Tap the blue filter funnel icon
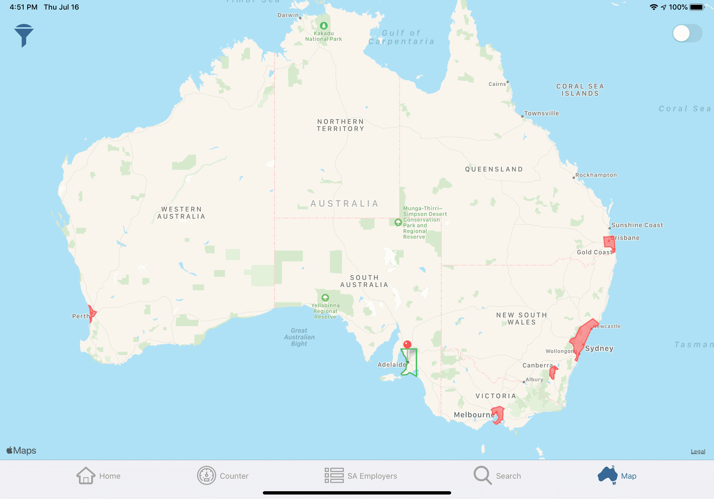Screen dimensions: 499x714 23,35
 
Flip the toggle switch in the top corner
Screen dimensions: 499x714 687,33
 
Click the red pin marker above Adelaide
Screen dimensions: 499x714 407,344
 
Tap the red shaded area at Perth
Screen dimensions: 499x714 92,313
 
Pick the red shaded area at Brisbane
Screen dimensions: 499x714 609,243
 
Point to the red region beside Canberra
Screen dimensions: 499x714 553,372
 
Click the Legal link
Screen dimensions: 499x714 698,451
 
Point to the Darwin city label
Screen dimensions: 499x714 288,15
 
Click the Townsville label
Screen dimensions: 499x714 541,114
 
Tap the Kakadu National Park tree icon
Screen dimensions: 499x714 324,25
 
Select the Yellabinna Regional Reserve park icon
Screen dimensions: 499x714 325,297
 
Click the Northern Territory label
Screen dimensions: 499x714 341,125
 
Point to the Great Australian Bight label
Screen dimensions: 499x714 299,337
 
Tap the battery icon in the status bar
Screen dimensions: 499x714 697,7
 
